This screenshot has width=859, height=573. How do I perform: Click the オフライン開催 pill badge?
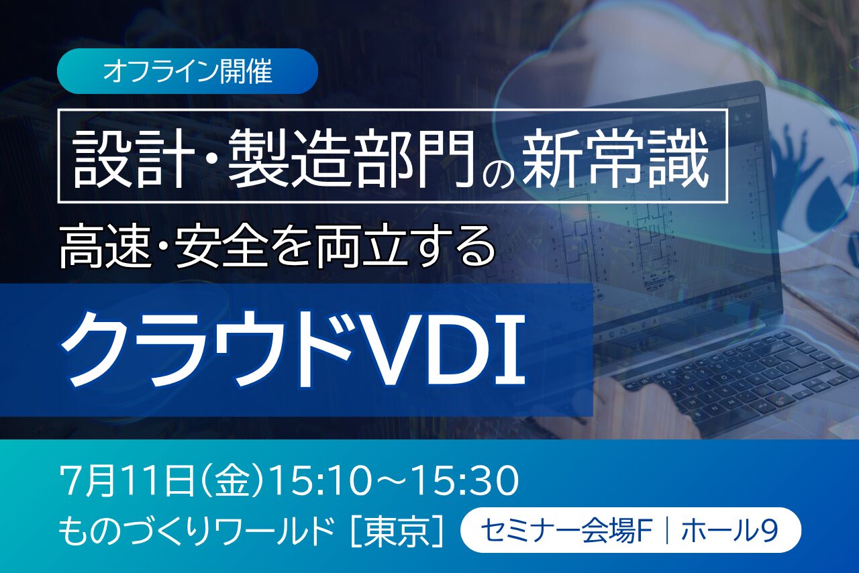click(x=187, y=71)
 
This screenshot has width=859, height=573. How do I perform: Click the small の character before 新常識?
click(x=498, y=169)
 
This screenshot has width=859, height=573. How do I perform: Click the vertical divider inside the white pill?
click(x=668, y=531)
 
